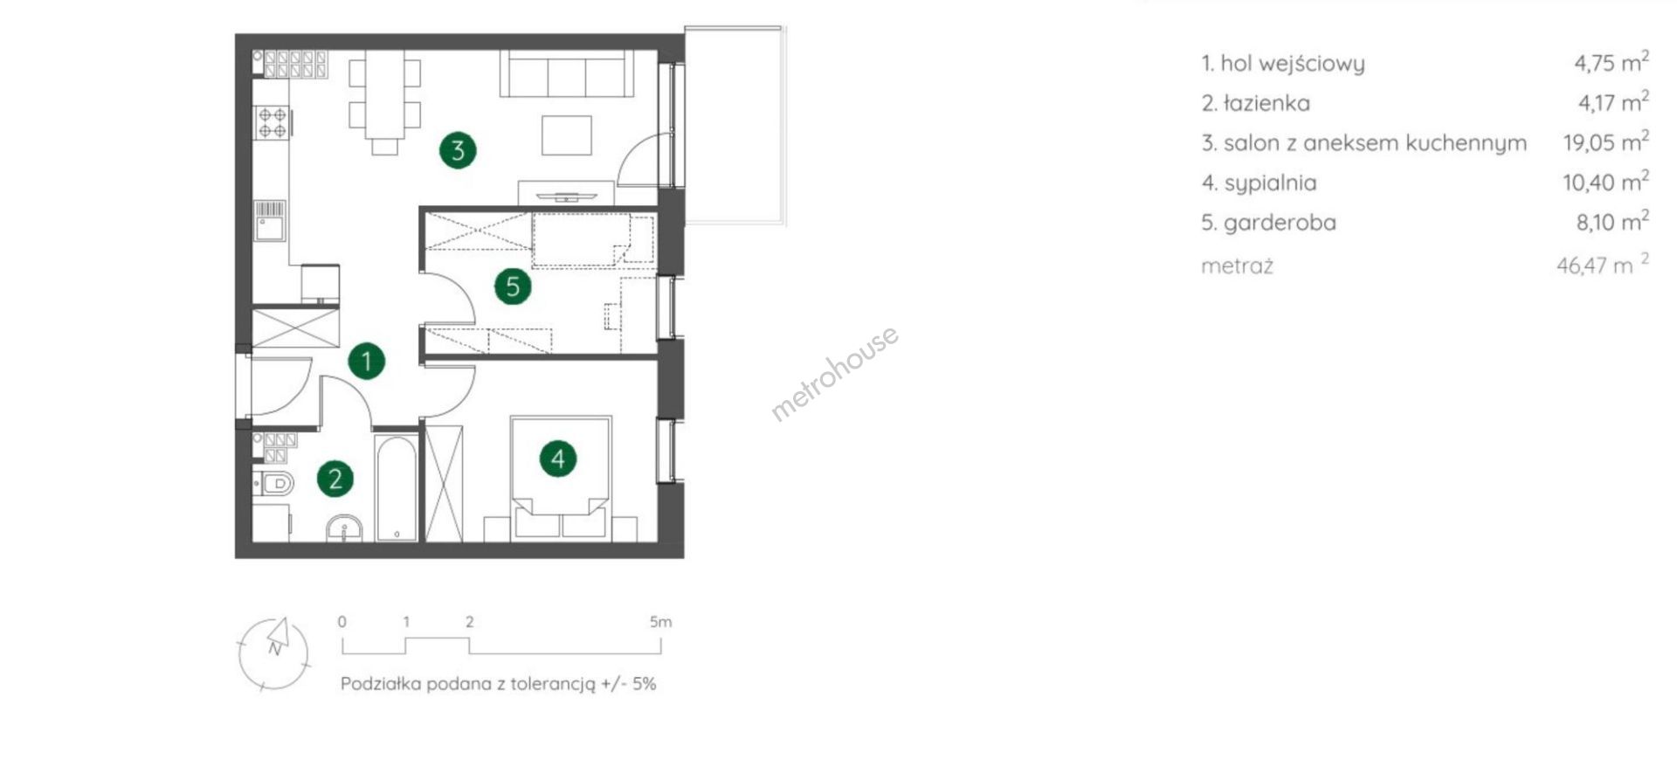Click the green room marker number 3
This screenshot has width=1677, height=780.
[x=458, y=150]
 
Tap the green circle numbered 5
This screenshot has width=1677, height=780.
[x=513, y=286]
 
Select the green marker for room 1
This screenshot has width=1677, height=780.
[x=367, y=361]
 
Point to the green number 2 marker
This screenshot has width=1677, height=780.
[x=335, y=479]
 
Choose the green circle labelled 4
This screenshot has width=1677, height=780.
[x=558, y=458]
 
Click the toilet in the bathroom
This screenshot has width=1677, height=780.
[x=273, y=482]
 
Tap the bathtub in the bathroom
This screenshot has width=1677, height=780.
[x=397, y=487]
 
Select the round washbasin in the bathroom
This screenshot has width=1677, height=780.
[x=344, y=528]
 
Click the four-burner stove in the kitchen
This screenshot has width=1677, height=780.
[x=273, y=122]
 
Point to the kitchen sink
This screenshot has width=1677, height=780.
[x=270, y=221]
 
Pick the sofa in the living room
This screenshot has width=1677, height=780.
[x=567, y=73]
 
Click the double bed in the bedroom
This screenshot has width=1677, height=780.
[x=561, y=477]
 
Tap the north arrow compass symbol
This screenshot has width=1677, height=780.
[x=273, y=653]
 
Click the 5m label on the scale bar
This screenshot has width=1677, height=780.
[x=661, y=622]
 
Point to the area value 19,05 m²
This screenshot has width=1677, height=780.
[x=1606, y=142]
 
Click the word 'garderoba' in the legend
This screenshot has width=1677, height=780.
[x=1280, y=223]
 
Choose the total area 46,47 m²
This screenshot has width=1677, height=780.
[x=1603, y=265]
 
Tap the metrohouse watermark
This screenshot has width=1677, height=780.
[x=834, y=373]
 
